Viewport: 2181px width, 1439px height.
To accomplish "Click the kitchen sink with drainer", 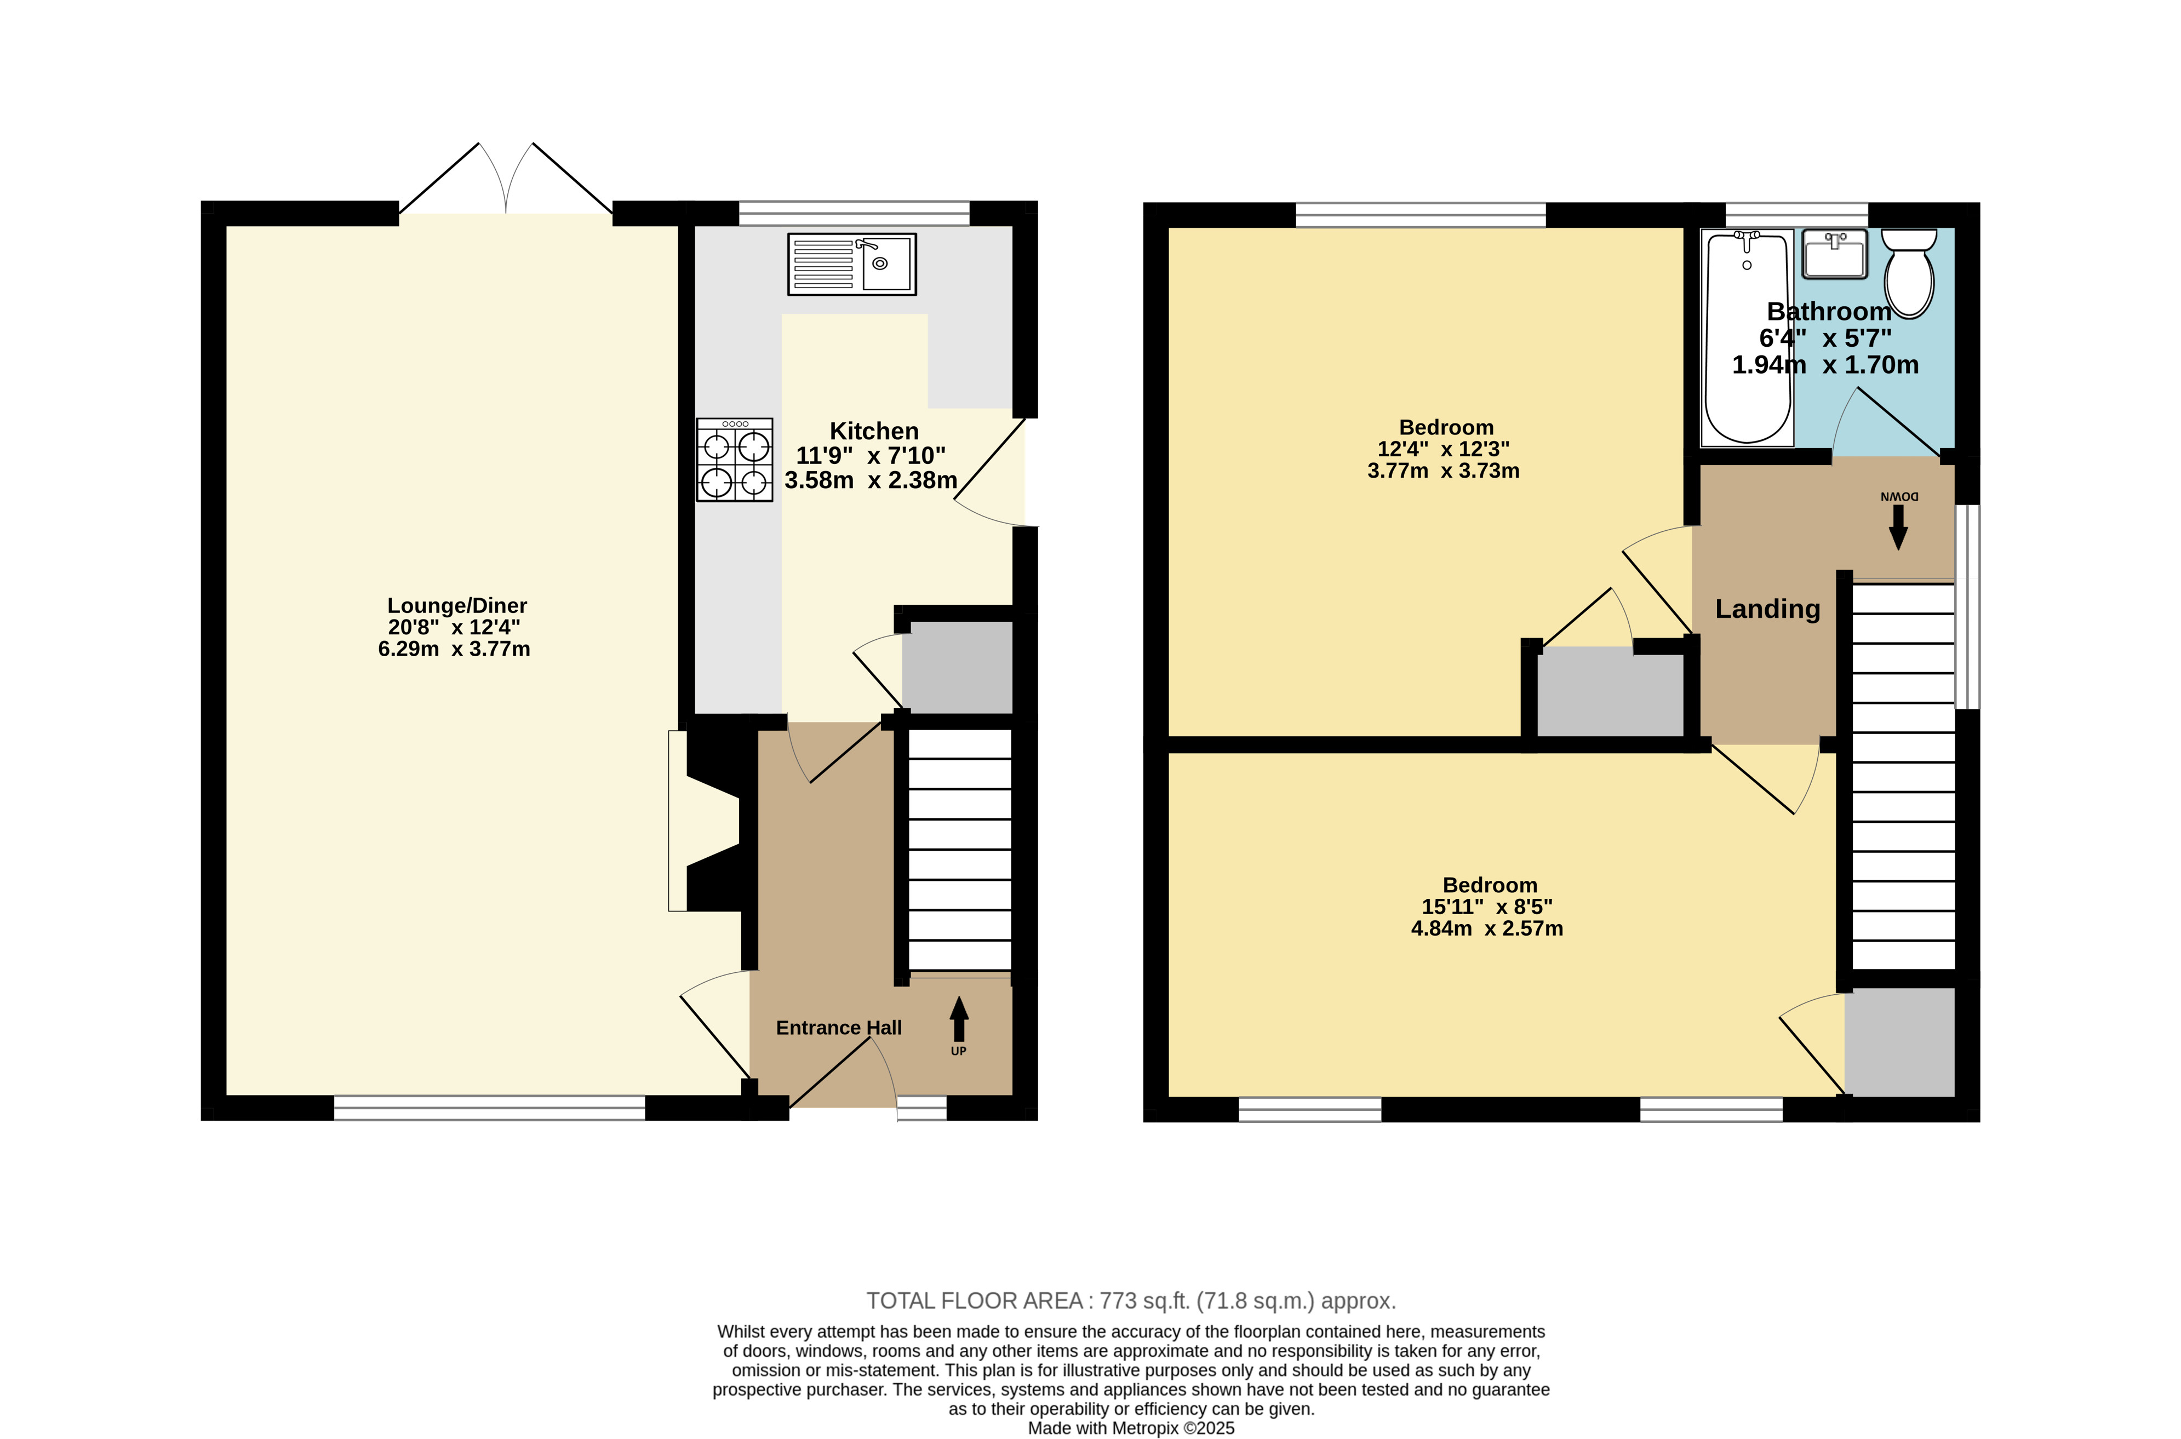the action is (852, 265).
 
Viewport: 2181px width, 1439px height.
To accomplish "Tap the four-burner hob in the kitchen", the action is (734, 460).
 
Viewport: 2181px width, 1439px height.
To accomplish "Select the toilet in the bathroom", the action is (1909, 273).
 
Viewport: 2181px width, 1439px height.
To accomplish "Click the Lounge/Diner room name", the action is (457, 606).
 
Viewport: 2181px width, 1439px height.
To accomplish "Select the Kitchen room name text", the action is (874, 431).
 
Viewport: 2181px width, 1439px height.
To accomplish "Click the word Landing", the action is (1768, 609).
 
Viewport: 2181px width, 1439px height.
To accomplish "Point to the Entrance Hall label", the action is (839, 1028).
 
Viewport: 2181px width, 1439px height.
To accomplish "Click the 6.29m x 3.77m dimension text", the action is (454, 649).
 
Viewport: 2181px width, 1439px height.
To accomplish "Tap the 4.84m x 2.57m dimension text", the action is (1487, 928).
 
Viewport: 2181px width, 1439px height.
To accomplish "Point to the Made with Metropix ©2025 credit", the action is (1131, 1428).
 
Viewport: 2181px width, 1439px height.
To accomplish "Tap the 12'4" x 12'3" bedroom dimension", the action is (1443, 449).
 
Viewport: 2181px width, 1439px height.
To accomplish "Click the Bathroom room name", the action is (1829, 311).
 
